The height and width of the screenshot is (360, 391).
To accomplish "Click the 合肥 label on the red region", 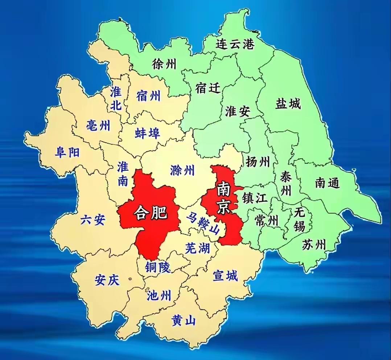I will [x=150, y=212].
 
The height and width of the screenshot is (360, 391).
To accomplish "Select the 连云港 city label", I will [x=235, y=44].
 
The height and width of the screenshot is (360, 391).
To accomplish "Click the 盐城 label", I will [x=288, y=104].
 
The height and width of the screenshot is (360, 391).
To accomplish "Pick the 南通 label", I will [x=327, y=183].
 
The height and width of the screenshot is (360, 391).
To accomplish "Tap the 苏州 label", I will [x=314, y=245].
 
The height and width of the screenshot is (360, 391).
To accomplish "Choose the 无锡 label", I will [x=300, y=219].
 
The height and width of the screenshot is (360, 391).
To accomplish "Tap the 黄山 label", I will [x=184, y=320].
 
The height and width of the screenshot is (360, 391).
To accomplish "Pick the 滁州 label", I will [x=182, y=170].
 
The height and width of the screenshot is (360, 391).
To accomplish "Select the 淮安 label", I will [x=237, y=111].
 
